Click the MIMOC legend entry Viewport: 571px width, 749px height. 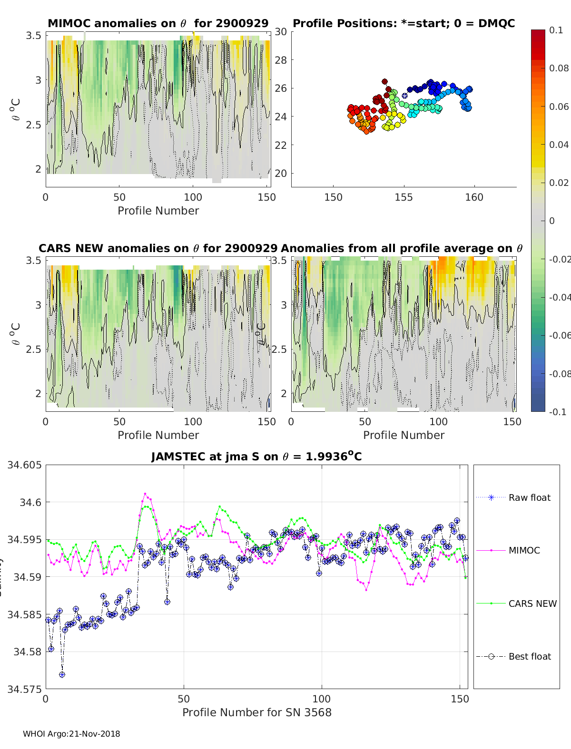tap(524, 550)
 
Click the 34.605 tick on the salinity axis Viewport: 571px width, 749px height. tap(24, 465)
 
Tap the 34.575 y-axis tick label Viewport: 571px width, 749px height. tap(24, 689)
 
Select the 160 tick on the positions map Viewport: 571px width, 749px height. tap(474, 197)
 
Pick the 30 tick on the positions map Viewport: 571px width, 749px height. tap(281, 32)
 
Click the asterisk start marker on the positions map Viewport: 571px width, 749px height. tap(404, 96)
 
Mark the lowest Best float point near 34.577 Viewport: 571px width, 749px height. tap(62, 674)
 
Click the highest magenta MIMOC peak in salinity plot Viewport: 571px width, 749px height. tap(145, 494)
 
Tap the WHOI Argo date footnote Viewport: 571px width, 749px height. tap(71, 734)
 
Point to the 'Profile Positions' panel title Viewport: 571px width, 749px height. tap(404, 23)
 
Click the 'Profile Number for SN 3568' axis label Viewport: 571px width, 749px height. tap(256, 712)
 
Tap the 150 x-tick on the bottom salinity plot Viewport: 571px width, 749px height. tap(460, 699)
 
